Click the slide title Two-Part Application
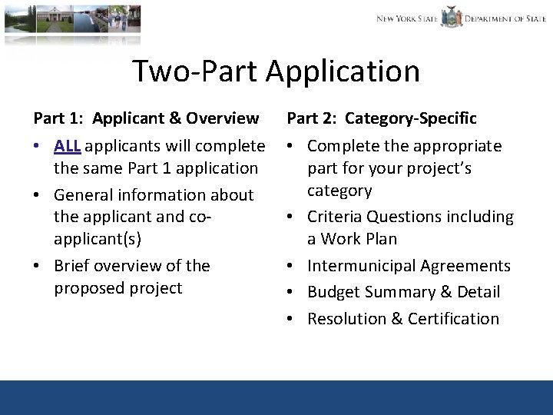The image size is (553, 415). [x=276, y=71]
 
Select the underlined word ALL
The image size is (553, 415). [x=68, y=146]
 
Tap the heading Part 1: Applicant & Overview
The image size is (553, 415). [x=146, y=118]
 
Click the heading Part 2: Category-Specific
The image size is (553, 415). [x=382, y=118]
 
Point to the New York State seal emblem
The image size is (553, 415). [x=452, y=17]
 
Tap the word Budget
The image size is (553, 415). [x=333, y=292]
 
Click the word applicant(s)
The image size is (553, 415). [x=98, y=239]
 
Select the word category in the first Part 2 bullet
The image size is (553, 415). [x=339, y=191]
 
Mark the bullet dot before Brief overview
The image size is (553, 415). [x=39, y=267]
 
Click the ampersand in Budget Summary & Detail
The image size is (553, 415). [x=443, y=292]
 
